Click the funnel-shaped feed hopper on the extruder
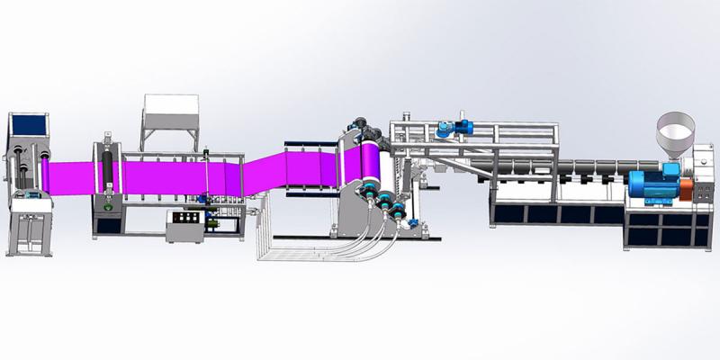[673, 134]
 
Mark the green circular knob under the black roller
[108, 207]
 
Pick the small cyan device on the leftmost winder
[31, 194]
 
